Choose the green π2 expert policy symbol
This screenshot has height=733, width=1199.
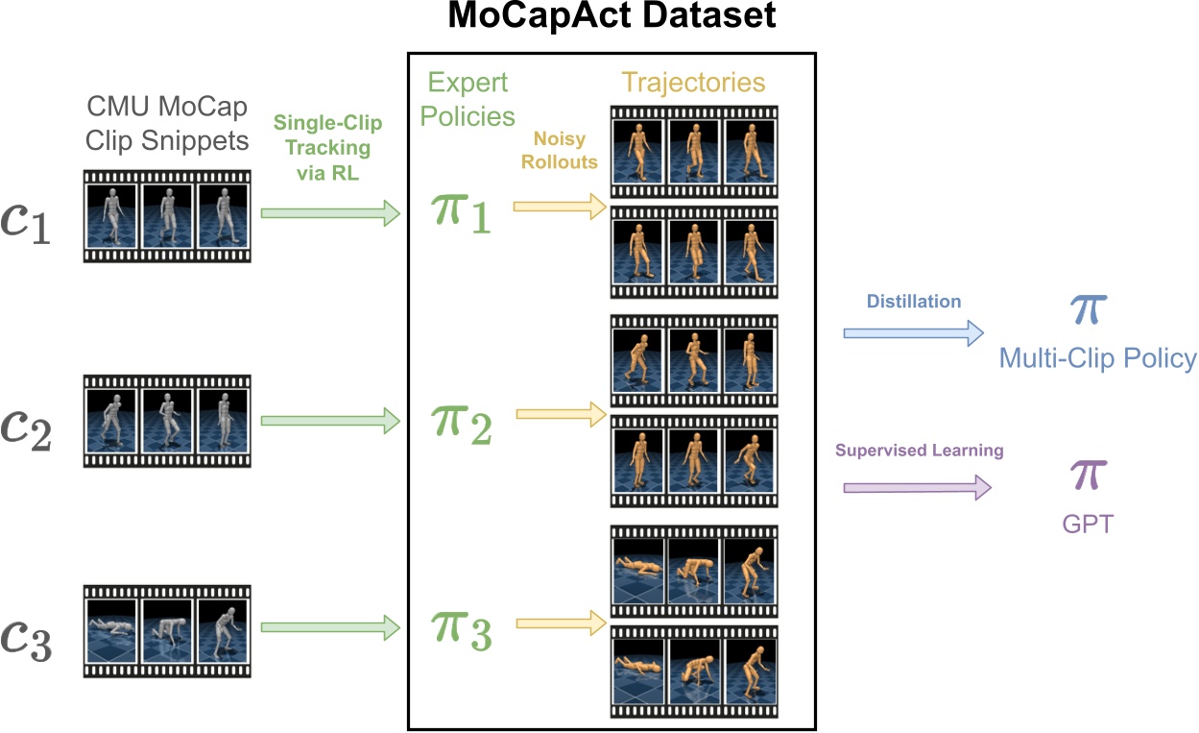click(460, 423)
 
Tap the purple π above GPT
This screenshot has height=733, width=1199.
click(1088, 476)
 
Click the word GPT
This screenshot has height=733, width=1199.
click(1088, 525)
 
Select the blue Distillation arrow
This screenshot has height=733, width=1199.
click(913, 333)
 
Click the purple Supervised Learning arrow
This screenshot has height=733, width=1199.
click(917, 488)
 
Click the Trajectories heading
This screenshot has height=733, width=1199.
click(693, 83)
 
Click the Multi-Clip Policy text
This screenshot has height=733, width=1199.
click(1097, 358)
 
